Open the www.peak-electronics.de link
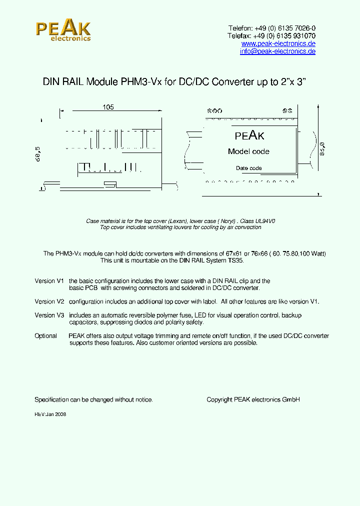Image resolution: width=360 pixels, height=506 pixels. (278, 44)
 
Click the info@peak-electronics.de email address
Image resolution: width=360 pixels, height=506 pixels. (277, 51)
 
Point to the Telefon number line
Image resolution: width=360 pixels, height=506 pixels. (271, 28)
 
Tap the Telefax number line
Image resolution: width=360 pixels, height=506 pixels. (271, 36)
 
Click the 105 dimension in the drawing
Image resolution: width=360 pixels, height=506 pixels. (108, 107)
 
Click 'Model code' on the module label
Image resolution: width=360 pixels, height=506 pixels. (248, 151)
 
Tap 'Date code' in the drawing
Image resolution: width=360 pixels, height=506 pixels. (248, 168)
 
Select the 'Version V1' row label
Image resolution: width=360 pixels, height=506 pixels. (49, 281)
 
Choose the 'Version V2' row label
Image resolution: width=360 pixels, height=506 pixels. (49, 301)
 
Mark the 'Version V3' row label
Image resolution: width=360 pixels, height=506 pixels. (49, 315)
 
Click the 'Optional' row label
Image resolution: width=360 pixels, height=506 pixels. (46, 336)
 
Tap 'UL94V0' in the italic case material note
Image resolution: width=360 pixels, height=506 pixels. (265, 220)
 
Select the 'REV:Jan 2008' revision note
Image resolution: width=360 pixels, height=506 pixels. (50, 414)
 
